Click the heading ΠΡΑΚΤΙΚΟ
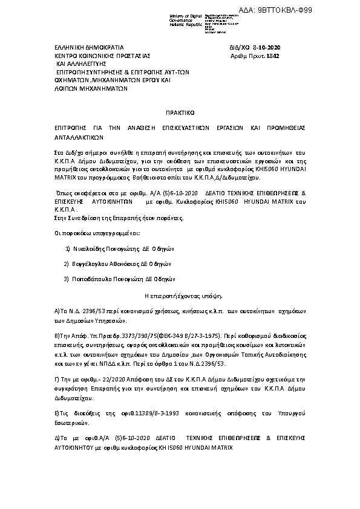tap(179, 112)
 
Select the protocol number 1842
tap(273, 56)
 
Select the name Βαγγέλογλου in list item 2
tap(91, 264)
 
